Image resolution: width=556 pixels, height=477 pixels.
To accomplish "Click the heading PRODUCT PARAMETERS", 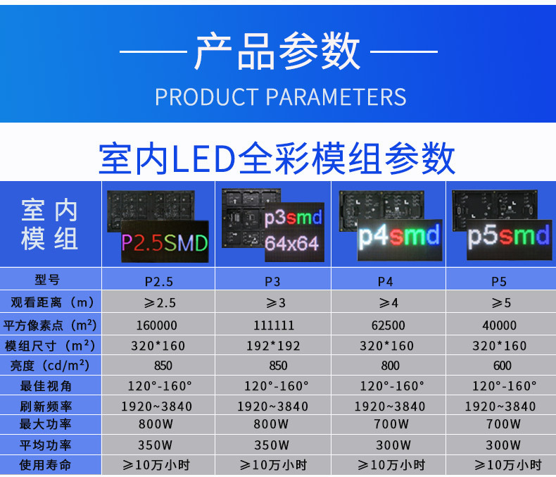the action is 281,97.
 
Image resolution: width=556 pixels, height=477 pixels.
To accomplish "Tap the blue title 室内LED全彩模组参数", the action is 277,159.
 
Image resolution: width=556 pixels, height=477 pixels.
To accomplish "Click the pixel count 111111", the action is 274,325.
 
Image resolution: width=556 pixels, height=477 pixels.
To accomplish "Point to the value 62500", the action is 388,325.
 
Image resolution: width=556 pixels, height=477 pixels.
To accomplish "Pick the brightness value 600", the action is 503,366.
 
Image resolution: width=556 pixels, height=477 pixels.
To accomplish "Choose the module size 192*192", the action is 273,346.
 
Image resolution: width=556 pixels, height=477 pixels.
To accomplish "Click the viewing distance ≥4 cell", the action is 388,303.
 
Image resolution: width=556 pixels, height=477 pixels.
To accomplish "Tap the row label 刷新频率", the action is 46,407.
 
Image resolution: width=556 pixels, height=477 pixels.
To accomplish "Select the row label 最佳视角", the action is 46,386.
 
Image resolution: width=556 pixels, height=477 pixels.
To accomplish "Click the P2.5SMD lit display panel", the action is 165,242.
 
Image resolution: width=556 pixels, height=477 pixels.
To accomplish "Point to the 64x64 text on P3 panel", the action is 292,244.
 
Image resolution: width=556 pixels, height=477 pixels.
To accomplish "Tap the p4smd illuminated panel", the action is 400,240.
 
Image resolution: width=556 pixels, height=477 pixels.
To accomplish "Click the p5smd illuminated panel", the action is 509,240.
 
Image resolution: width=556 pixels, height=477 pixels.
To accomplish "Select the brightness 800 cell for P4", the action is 390,366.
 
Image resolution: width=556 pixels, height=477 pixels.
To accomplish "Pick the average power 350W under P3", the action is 272,445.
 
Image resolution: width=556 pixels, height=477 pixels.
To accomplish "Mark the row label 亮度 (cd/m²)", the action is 50,366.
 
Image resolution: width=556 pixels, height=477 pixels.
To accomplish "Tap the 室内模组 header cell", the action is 50,224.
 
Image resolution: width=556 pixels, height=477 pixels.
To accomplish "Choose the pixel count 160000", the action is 157,325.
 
